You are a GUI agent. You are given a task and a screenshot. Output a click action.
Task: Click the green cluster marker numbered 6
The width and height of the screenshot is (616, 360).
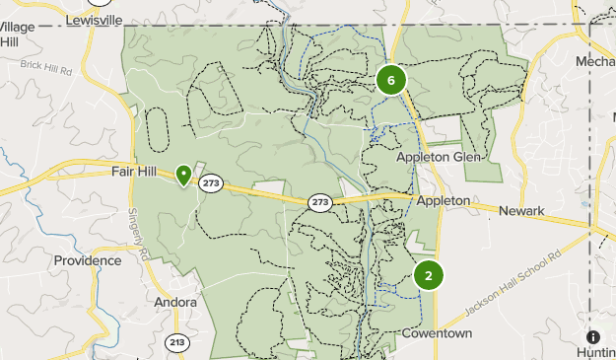pos(391,80)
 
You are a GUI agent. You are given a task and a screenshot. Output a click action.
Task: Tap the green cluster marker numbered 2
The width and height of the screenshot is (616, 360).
pos(429,275)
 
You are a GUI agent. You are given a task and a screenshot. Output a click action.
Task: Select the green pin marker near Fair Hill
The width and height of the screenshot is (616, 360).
pos(183,176)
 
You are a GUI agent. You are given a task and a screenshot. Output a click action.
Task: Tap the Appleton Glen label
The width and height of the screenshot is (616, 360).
pos(437,157)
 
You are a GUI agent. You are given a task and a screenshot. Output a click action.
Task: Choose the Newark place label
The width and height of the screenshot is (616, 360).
pos(521,211)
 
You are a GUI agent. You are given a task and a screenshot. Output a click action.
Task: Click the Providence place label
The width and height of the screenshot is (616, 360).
pos(88,260)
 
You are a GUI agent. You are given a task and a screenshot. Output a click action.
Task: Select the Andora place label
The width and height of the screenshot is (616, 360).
pos(177,302)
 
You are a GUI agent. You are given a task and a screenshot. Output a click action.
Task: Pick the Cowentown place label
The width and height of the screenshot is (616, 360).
pos(437,333)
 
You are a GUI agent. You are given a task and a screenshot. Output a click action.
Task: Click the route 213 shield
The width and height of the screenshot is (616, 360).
pos(177,342)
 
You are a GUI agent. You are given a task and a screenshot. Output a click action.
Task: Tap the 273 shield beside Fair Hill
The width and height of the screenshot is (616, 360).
pos(210,182)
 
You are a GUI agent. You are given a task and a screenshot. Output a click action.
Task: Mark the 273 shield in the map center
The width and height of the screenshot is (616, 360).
pos(319,201)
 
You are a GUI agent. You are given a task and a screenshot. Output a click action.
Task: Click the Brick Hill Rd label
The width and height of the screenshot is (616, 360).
pos(47,68)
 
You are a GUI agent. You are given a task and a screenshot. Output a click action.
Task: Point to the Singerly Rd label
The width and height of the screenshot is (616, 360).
pos(138,234)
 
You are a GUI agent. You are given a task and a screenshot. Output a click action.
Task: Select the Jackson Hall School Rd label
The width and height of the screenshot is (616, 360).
pos(513,282)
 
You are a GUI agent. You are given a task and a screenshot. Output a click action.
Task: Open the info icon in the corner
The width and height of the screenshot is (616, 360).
pos(592,336)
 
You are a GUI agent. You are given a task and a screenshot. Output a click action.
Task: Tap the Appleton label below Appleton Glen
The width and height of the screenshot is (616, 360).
pos(444,200)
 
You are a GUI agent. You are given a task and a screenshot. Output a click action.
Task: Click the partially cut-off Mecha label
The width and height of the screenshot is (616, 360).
pos(595,62)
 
